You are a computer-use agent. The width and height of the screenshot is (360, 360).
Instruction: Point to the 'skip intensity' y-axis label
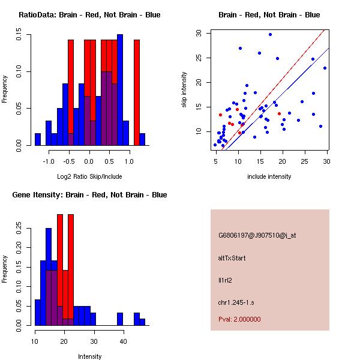185,90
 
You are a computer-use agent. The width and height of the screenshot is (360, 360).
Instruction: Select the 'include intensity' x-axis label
269,177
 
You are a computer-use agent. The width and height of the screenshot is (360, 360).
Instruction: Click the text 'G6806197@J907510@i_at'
257,235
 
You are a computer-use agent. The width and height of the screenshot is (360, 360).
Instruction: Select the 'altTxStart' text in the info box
232,258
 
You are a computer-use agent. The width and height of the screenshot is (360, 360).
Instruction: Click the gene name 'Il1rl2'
224,280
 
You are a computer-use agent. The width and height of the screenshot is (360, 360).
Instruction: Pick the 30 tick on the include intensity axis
327,161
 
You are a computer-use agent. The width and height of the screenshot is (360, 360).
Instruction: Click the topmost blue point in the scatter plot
270,35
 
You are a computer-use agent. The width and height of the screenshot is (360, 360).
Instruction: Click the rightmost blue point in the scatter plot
325,68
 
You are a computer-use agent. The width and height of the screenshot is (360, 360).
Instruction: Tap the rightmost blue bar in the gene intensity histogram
143,322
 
